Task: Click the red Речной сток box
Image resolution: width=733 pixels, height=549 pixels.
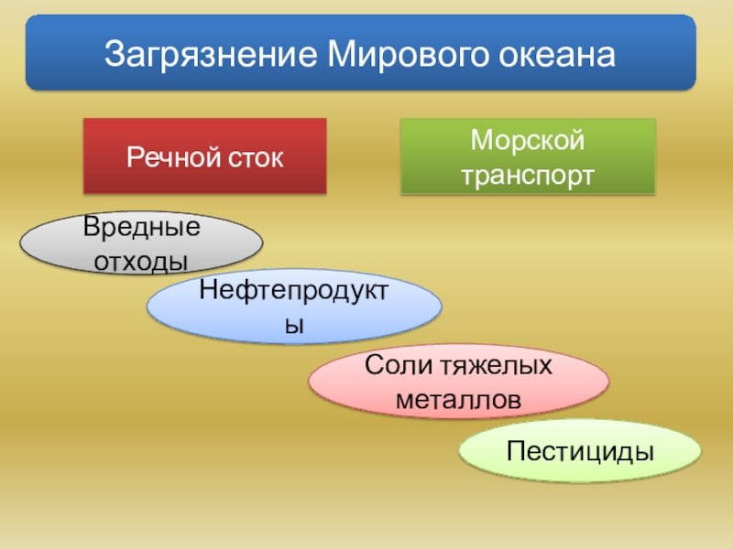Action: click(205, 156)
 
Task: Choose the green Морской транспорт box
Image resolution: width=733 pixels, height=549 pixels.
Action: click(528, 156)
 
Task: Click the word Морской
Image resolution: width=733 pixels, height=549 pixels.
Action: click(528, 141)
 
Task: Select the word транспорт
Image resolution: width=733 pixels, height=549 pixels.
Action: click(528, 173)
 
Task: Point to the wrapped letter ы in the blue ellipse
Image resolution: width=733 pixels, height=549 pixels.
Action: click(294, 325)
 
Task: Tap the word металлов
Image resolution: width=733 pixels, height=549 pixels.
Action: click(458, 401)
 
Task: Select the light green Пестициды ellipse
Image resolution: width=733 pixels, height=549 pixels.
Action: click(579, 452)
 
